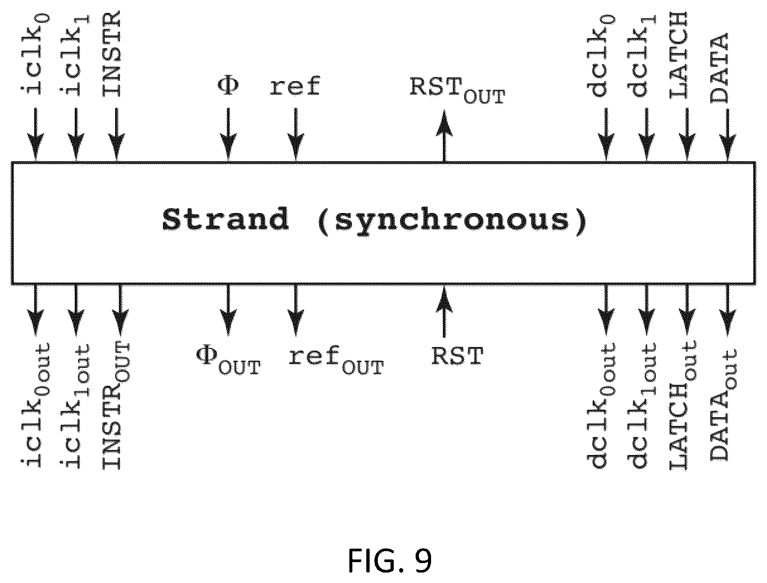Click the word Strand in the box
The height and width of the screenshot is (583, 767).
[x=226, y=219]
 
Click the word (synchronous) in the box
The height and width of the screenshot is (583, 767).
[x=452, y=222]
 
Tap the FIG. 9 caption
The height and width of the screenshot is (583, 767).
[x=390, y=560]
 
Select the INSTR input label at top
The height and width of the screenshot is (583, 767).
[x=112, y=54]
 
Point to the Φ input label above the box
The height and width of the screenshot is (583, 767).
[x=228, y=86]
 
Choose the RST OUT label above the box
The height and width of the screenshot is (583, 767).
[x=458, y=90]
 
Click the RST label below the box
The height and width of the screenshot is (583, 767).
[x=458, y=356]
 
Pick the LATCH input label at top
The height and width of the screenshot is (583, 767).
[x=679, y=55]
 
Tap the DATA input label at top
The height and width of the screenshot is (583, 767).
[x=719, y=68]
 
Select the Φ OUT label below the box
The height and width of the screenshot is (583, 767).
[x=228, y=361]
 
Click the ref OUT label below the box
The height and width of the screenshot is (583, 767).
[x=336, y=360]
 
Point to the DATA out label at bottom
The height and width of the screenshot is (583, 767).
[x=723, y=404]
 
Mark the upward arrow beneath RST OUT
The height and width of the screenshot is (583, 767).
[x=444, y=136]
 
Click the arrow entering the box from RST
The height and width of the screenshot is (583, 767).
[x=444, y=311]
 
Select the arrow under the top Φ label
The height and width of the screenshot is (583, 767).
[x=228, y=135]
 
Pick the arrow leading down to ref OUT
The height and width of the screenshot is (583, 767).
[x=296, y=310]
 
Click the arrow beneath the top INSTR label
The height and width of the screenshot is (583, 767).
[x=117, y=135]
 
